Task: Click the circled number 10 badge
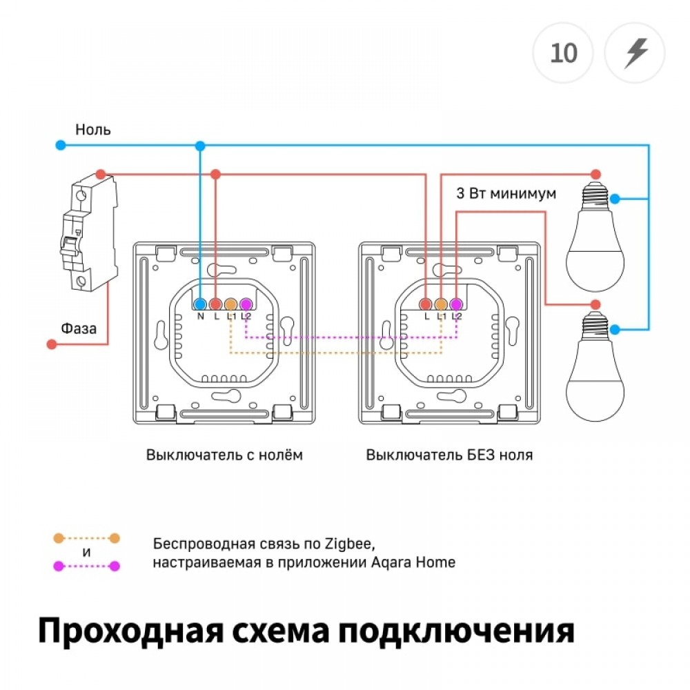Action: click(564, 53)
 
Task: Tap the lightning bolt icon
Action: click(635, 53)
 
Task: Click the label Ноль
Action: click(93, 129)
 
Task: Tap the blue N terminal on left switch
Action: click(200, 304)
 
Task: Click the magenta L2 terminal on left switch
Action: click(246, 304)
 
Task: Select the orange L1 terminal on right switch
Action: click(441, 304)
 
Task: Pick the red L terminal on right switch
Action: click(426, 304)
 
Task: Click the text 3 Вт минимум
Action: click(506, 194)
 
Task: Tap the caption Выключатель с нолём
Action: click(224, 455)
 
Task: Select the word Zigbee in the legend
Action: click(353, 542)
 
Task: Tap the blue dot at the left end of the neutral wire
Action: click(61, 145)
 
